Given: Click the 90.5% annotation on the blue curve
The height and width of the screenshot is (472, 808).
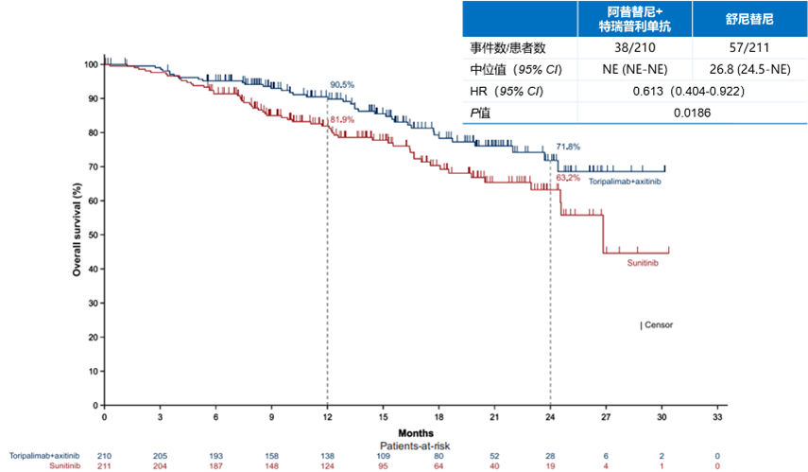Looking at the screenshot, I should [341, 85].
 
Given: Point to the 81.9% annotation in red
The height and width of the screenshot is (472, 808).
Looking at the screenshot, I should [341, 119].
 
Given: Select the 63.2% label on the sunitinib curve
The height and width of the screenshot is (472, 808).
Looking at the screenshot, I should [568, 177].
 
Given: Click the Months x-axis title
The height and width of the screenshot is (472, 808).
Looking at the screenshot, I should [411, 429].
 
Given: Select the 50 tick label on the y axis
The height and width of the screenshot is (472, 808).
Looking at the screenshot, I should [92, 236].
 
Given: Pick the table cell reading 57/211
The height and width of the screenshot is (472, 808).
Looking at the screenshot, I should [751, 49].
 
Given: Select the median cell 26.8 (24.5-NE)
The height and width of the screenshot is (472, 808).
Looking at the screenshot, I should [751, 71].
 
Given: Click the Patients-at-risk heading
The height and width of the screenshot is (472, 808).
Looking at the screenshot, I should [411, 442].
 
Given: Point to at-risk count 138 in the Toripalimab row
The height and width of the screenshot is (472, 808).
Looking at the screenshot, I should [328, 455].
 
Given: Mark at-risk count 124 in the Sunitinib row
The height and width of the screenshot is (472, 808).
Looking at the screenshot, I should [328, 466].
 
